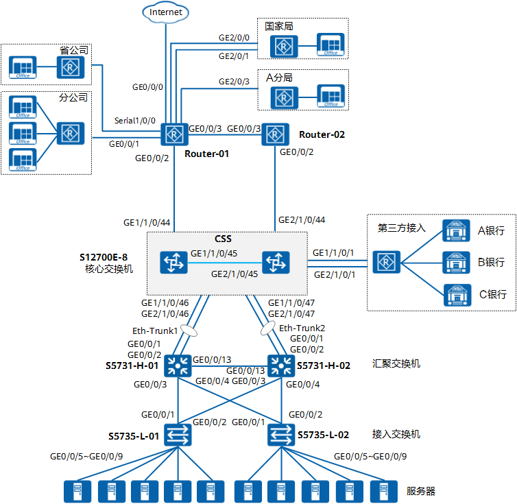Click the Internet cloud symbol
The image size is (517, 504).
tap(166, 11)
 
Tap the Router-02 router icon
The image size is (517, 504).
tap(274, 134)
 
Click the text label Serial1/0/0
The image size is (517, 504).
tap(135, 120)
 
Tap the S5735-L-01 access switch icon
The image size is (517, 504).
tap(178, 435)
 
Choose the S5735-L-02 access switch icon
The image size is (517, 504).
tap(281, 435)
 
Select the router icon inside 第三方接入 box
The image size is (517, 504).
tap(385, 261)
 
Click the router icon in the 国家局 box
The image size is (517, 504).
tap(282, 46)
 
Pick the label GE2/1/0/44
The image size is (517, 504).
tap(301, 220)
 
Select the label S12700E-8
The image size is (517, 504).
tap(104, 257)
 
